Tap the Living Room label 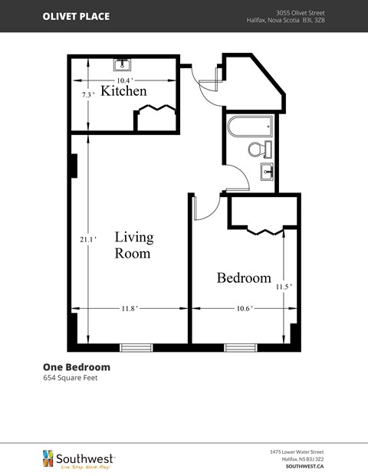point(133,245)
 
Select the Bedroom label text point(243,277)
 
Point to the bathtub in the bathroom point(250,126)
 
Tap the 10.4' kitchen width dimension point(125,80)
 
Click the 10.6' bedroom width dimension point(243,309)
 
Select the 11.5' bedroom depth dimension point(284,287)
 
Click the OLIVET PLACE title point(75,16)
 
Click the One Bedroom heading point(76,366)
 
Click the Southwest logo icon point(48,458)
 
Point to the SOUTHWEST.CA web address point(304,465)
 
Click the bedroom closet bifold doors point(264,229)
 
